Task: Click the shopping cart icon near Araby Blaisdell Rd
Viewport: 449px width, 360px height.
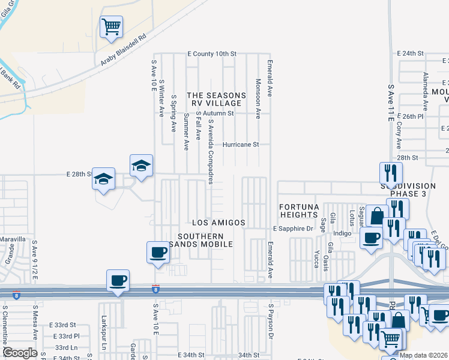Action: tap(111, 27)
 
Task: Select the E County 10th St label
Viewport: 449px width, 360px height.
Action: tap(212, 54)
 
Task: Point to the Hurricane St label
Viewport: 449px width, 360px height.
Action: tap(240, 145)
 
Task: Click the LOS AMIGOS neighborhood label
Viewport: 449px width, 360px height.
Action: tap(218, 223)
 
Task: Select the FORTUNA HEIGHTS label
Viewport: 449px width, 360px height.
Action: tap(299, 210)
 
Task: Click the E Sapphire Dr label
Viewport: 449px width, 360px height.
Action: tap(294, 229)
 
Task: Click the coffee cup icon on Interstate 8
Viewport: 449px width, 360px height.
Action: tap(118, 280)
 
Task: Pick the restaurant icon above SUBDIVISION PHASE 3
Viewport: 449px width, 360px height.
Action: tap(391, 173)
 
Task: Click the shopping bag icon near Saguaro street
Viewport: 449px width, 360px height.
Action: tap(378, 216)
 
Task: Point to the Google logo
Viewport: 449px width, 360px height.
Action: tap(20, 353)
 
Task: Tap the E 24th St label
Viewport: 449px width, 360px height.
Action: tap(411, 53)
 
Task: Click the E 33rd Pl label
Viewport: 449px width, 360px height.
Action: tap(66, 336)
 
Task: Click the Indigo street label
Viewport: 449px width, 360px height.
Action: tap(342, 233)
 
